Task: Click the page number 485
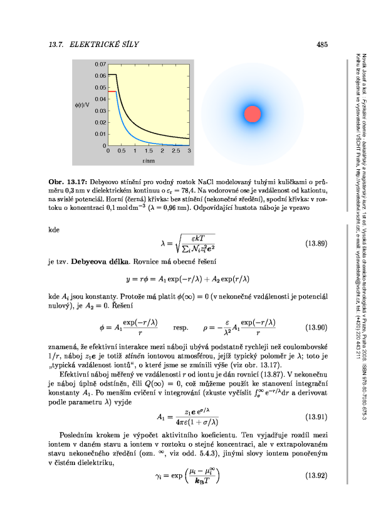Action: click(x=323, y=44)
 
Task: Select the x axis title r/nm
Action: click(x=149, y=161)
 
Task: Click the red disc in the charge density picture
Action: click(x=252, y=114)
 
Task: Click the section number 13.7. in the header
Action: click(x=58, y=44)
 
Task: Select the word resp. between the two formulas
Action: click(x=182, y=327)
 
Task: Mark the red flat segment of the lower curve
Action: click(x=113, y=91)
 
